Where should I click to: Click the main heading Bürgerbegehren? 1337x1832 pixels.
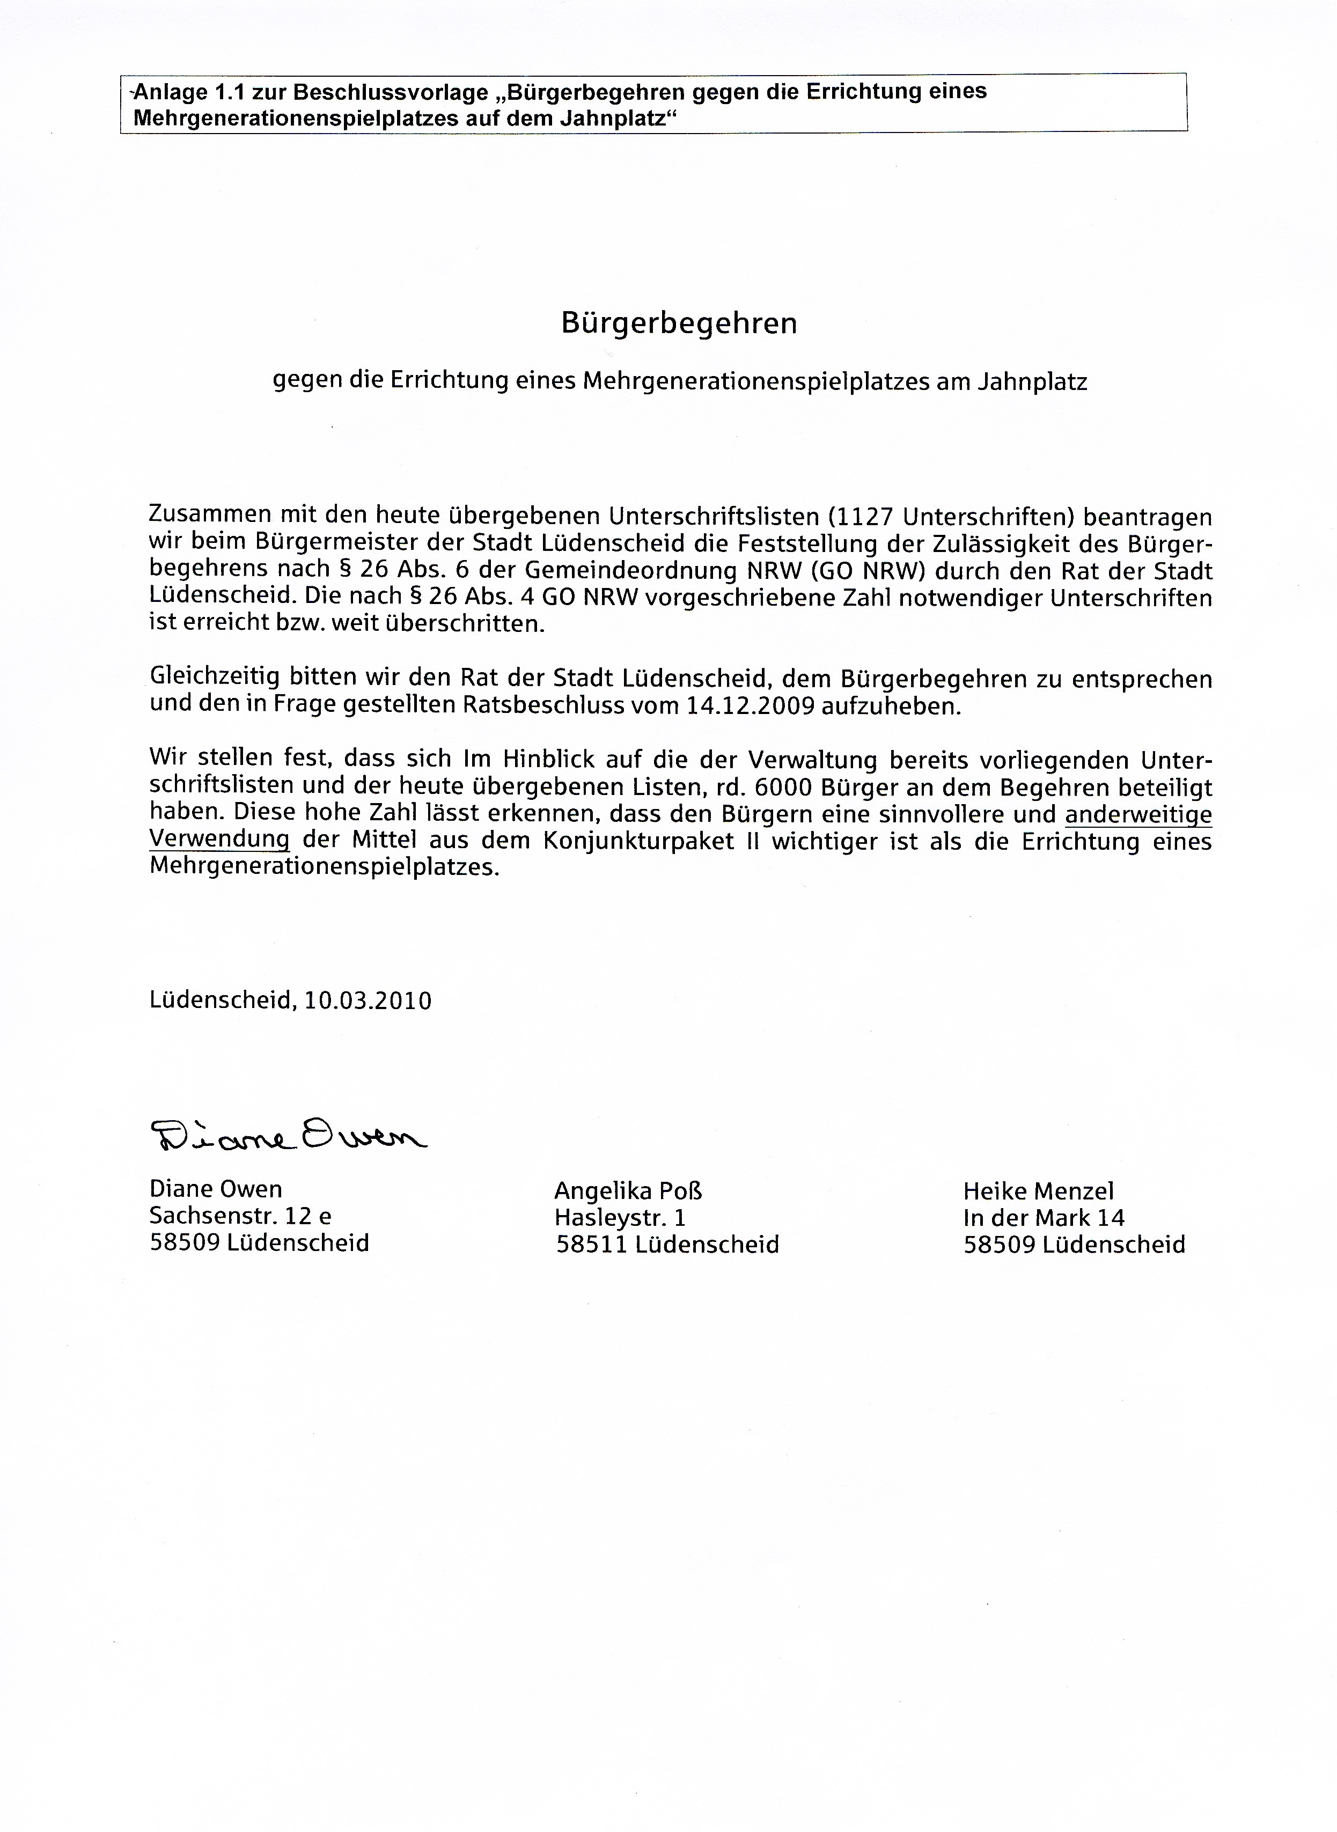point(679,323)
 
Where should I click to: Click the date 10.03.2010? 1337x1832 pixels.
point(368,1001)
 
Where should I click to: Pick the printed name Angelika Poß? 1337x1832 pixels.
point(628,1190)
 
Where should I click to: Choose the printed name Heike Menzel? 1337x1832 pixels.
point(1038,1190)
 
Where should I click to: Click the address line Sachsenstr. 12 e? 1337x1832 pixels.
point(240,1216)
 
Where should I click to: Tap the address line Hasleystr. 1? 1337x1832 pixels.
point(620,1217)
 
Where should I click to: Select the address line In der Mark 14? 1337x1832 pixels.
point(1043,1217)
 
